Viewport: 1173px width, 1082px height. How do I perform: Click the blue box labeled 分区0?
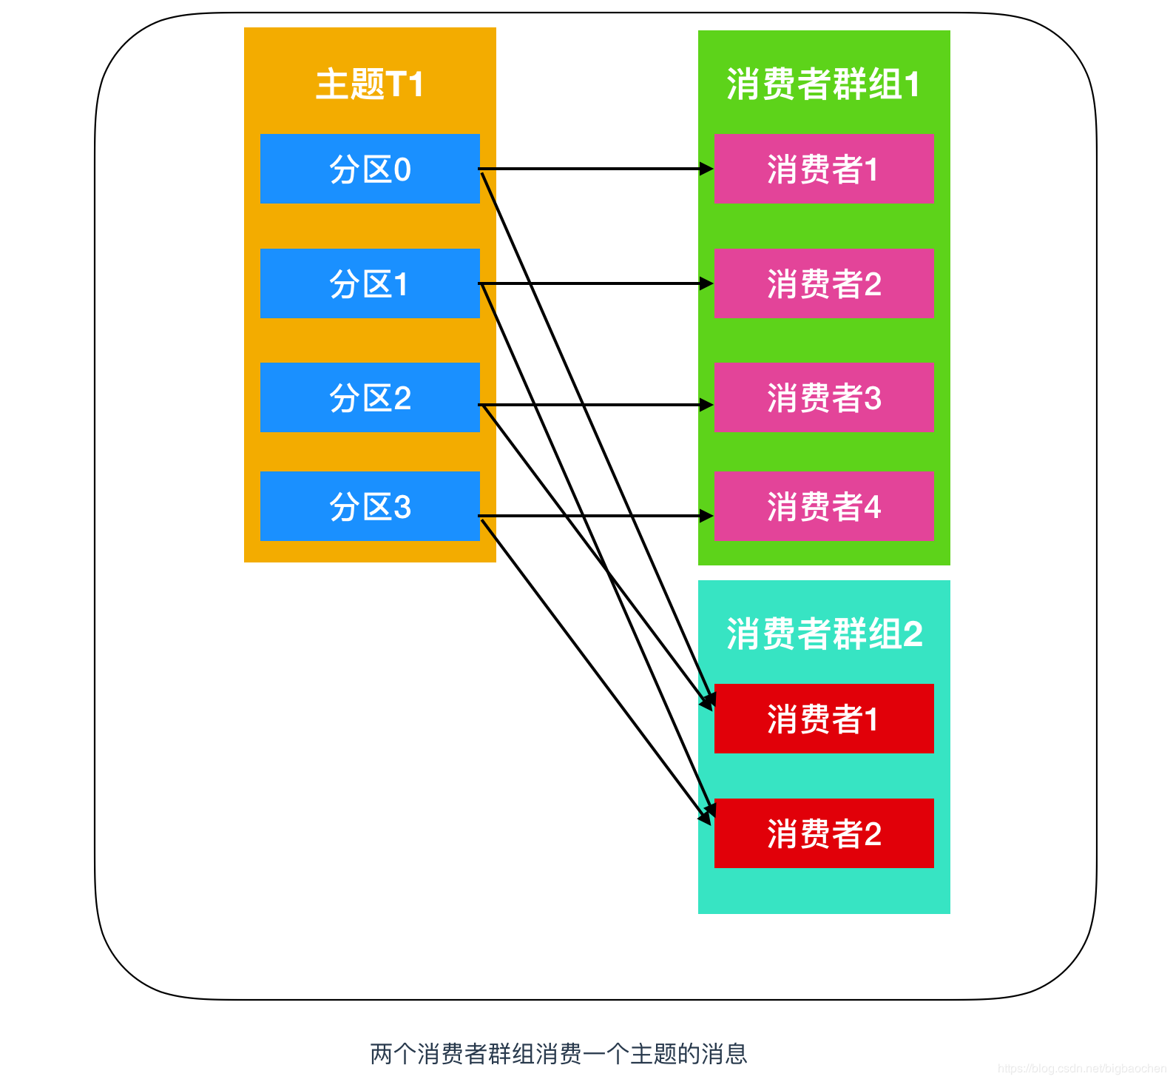click(370, 169)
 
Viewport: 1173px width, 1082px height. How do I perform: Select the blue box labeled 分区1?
click(370, 283)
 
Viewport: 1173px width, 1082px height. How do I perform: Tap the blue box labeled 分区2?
click(370, 397)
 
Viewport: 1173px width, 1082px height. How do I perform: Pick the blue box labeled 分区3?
click(370, 506)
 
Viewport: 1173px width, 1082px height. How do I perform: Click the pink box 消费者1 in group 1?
click(823, 169)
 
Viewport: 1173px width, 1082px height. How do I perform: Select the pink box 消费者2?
click(823, 283)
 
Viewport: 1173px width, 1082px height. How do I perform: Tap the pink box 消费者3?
click(823, 397)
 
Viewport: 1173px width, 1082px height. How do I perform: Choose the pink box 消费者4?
click(823, 506)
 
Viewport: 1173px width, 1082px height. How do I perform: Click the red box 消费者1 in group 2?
click(823, 719)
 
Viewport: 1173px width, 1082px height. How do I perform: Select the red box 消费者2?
click(823, 833)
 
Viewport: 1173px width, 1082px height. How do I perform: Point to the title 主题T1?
click(370, 84)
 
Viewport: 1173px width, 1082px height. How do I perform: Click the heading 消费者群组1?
click(823, 84)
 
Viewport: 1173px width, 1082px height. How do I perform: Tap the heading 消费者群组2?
click(824, 634)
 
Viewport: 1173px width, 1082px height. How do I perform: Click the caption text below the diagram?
click(558, 1053)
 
